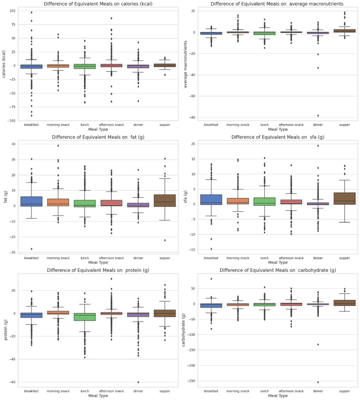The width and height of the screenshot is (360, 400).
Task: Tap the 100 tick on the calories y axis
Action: pos(13,11)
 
